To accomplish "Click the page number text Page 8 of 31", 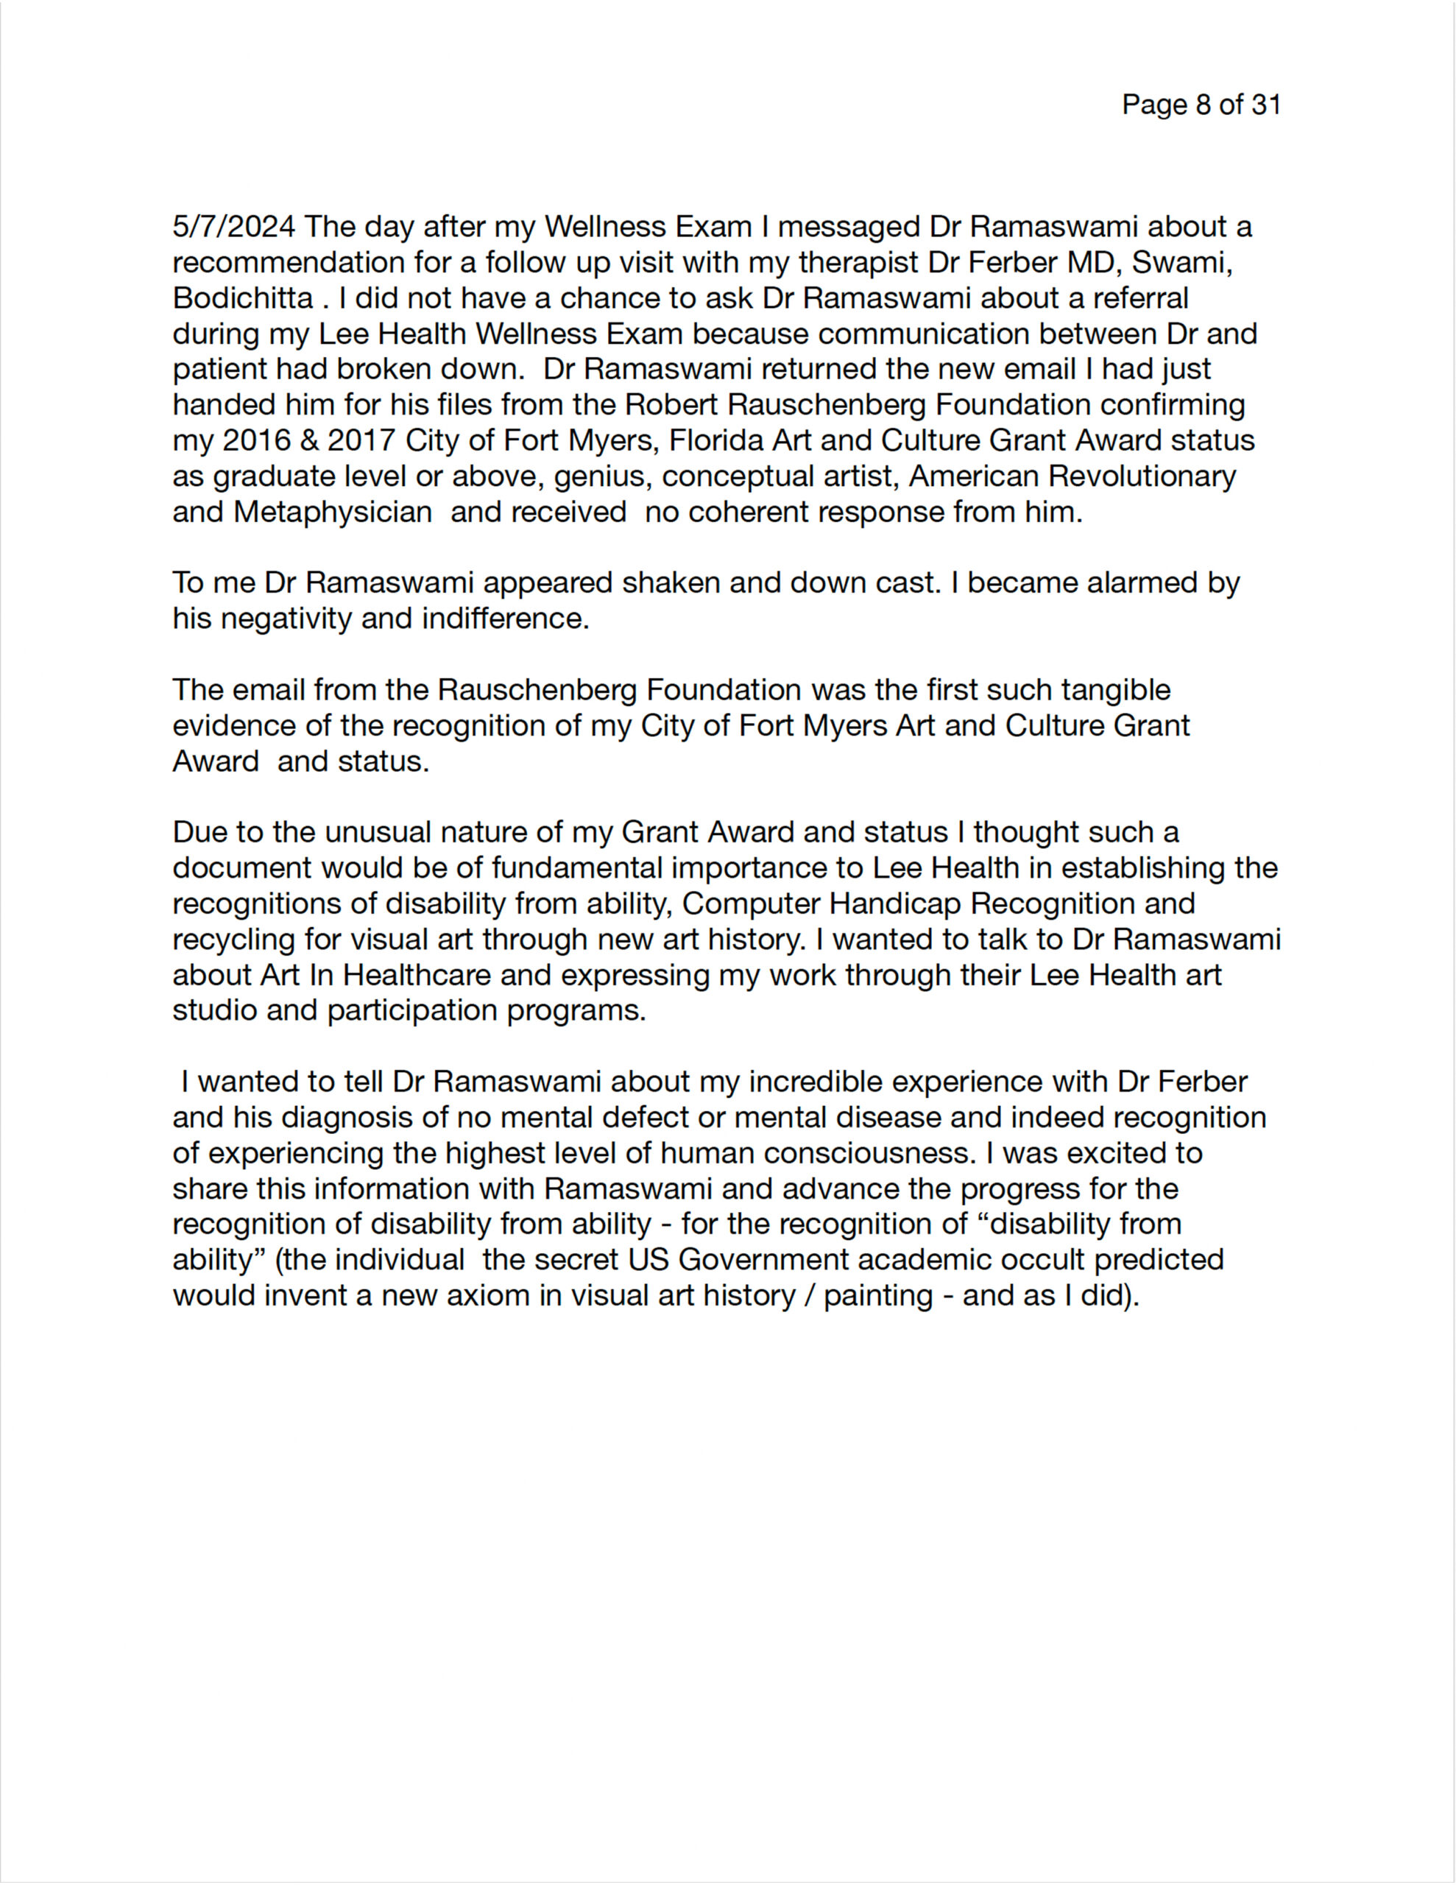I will [x=1201, y=105].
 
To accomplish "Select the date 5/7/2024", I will [x=234, y=226].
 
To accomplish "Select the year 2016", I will [x=257, y=440].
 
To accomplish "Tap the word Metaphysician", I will [x=332, y=512].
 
